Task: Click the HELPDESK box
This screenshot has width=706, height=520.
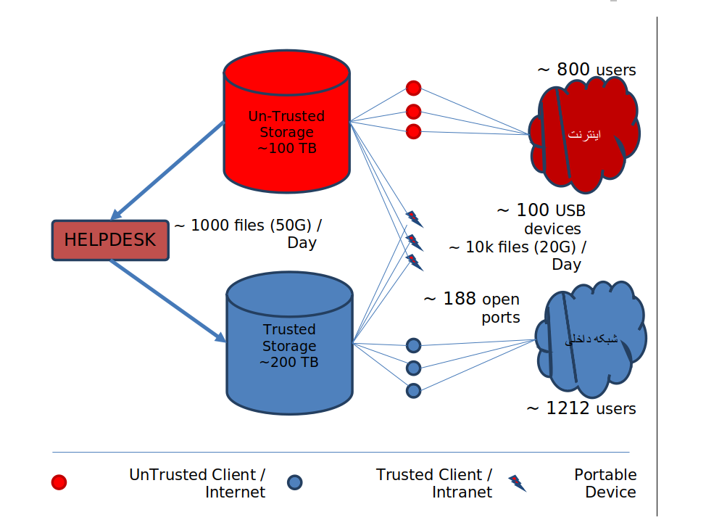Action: point(110,240)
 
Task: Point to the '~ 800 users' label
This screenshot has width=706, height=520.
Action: point(586,70)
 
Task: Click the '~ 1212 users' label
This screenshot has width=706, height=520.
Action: point(581,408)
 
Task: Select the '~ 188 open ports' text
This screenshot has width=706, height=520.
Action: point(472,308)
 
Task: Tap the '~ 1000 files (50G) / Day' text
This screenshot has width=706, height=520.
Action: point(246,234)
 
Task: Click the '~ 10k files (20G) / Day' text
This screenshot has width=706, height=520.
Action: point(518,255)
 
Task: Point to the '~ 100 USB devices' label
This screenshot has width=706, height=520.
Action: point(541,219)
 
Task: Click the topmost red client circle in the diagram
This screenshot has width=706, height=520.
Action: point(413,88)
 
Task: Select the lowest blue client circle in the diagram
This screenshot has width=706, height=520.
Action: point(413,391)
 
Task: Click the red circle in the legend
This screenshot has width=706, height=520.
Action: point(59,482)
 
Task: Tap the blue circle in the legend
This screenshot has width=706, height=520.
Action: point(294,482)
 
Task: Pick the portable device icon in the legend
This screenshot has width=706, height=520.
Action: point(517,483)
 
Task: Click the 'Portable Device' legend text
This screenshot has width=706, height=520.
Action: point(605,483)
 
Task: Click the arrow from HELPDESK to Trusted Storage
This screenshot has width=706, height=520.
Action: point(168,300)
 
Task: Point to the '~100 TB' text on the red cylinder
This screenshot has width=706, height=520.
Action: point(287,148)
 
